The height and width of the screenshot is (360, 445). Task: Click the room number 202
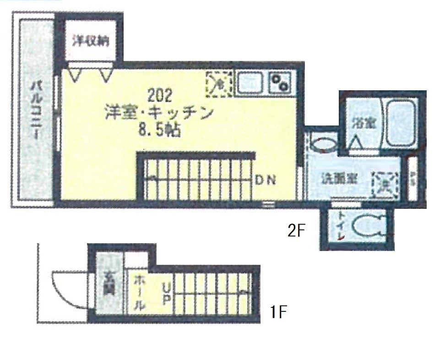[159, 96]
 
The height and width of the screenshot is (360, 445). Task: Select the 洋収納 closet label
[91, 41]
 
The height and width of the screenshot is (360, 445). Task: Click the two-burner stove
[280, 83]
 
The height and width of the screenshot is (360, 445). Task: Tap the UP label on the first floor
[166, 294]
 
